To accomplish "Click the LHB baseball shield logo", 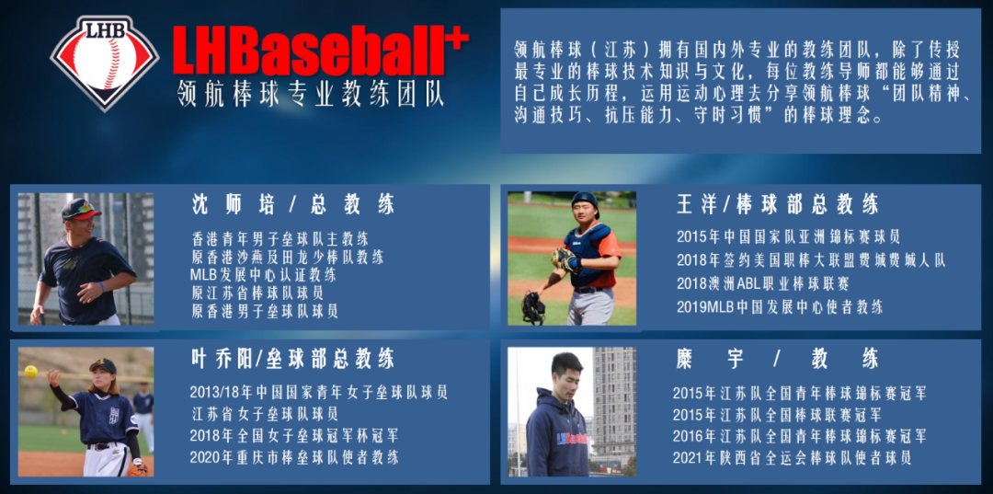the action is click(105, 63).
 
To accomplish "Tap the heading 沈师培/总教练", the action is click(293, 204).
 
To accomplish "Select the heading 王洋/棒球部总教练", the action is click(778, 204).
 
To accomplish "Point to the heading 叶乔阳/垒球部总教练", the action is click(292, 359).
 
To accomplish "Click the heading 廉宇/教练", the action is click(778, 360).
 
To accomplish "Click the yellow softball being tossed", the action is click(30, 372).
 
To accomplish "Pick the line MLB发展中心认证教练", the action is click(263, 275).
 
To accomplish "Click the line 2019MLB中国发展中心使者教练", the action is click(780, 307).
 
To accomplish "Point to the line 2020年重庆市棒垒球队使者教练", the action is click(294, 456).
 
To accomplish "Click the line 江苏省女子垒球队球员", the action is click(264, 414).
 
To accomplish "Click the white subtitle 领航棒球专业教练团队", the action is click(311, 94).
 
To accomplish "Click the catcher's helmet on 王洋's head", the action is click(585, 202).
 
